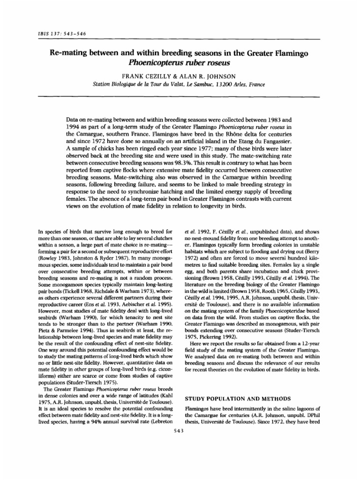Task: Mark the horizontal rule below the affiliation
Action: [180, 97]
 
